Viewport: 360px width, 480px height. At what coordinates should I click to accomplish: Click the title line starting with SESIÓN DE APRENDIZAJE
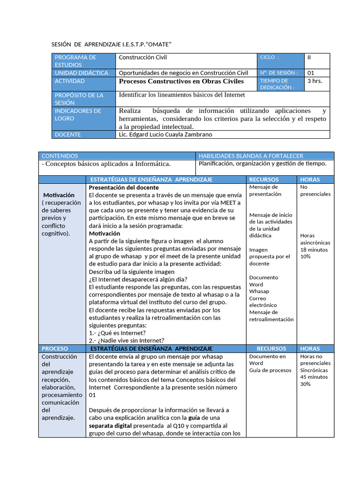pos(111,44)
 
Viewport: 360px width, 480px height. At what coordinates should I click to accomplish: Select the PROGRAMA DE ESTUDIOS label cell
pos(83,61)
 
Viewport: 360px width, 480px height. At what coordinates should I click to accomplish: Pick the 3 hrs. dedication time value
pos(315,81)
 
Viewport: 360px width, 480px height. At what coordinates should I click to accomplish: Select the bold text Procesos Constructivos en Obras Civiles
pos(181,81)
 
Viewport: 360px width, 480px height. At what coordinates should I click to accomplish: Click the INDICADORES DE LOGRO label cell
pos(83,114)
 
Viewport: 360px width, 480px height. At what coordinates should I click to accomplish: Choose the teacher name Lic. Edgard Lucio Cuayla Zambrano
pos(165,135)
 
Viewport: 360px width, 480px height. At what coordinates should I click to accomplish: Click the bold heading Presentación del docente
pos(124,187)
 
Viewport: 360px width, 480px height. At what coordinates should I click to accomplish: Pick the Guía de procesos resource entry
pos(270,370)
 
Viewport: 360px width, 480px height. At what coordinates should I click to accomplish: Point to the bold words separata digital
pos(111,426)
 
